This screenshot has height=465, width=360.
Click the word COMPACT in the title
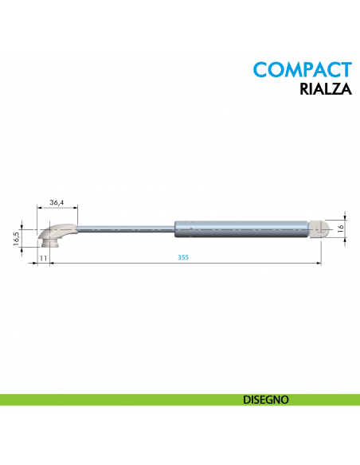tap(301, 69)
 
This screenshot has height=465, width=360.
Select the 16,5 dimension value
tap(16, 238)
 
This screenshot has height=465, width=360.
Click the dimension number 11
tap(43, 259)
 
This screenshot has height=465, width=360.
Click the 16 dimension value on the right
tap(340, 229)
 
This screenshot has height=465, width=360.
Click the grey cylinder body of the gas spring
tap(239, 229)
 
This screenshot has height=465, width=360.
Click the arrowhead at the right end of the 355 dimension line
tap(320, 264)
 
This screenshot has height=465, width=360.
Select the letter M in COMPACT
tap(295, 69)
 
